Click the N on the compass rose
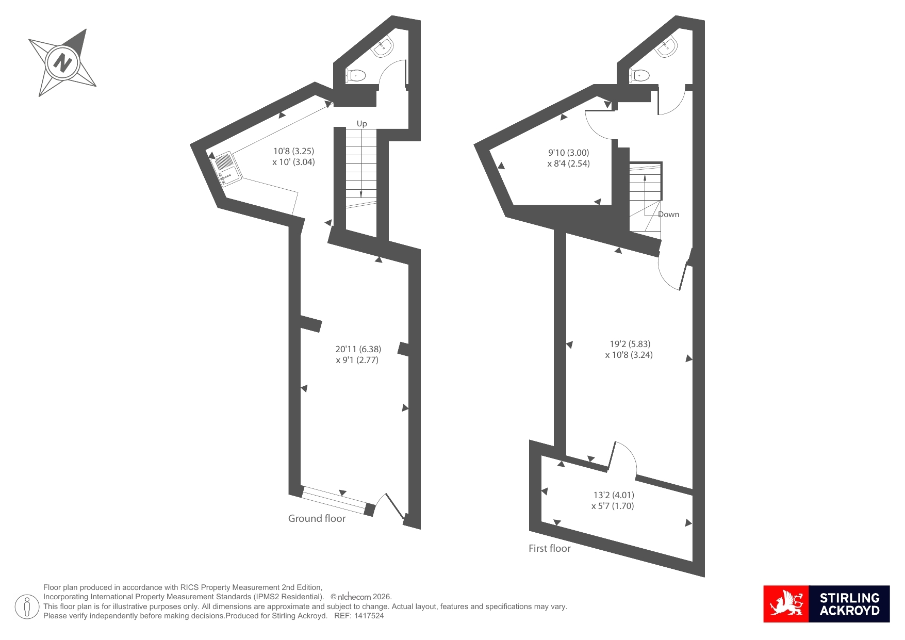click(63, 63)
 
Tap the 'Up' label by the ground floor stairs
click(362, 124)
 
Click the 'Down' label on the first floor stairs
click(669, 215)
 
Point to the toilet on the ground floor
click(356, 76)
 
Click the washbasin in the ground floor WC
click(383, 46)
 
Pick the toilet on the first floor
click(639, 75)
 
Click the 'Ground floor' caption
click(317, 518)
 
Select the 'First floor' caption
click(550, 548)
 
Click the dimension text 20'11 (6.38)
click(358, 349)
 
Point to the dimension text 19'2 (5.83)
click(630, 344)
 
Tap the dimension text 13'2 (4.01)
click(614, 495)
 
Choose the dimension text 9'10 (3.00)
click(568, 153)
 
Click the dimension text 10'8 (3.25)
click(293, 151)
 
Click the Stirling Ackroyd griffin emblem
click(786, 604)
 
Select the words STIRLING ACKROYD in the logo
click(849, 604)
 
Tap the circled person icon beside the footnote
click(27, 606)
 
